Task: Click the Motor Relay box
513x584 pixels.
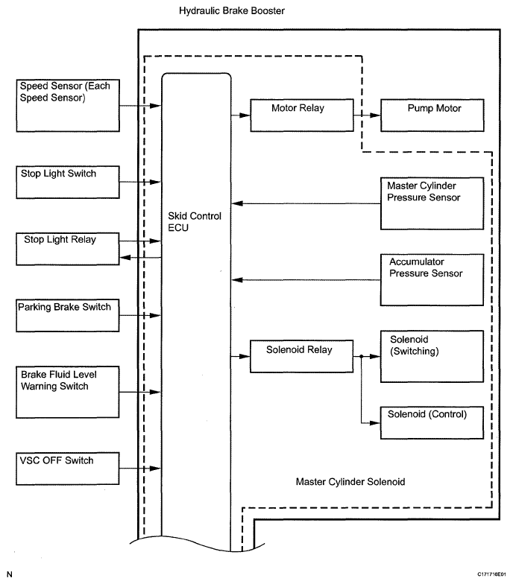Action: click(301, 115)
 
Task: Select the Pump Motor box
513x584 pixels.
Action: click(432, 115)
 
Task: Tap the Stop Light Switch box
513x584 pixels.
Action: click(67, 182)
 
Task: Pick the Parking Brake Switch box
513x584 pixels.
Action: click(67, 316)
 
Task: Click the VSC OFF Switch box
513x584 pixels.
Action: click(67, 469)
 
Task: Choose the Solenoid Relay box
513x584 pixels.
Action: click(301, 356)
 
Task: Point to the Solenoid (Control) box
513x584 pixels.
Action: click(432, 423)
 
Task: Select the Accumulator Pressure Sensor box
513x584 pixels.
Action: click(432, 280)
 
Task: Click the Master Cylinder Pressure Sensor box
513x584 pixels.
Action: click(432, 203)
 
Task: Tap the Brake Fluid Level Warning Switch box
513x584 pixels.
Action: click(67, 392)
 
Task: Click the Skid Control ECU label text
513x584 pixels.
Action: click(194, 222)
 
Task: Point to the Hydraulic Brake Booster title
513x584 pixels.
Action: click(231, 10)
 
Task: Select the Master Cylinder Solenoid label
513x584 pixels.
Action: click(350, 481)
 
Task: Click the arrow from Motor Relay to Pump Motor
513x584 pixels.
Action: click(367, 115)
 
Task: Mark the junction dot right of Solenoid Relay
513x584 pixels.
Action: click(361, 356)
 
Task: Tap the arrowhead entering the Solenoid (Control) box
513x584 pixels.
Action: click(375, 423)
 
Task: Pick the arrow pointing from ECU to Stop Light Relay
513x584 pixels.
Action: click(140, 258)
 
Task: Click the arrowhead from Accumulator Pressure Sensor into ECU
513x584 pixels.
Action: click(237, 280)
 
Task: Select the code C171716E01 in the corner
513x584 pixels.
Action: click(491, 574)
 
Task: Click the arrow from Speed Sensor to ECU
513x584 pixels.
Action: click(140, 106)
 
